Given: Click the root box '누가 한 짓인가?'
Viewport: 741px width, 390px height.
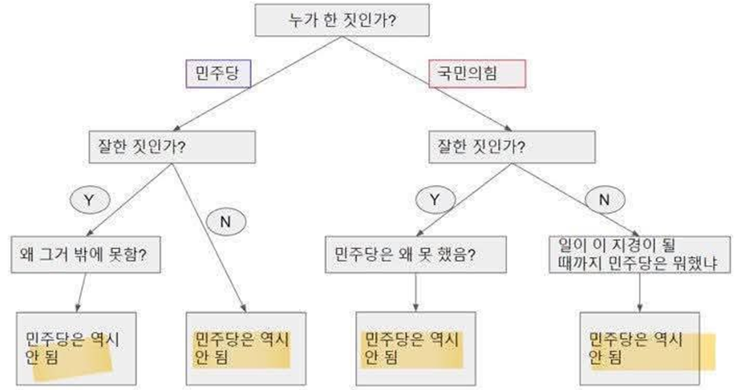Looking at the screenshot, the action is coord(342,20).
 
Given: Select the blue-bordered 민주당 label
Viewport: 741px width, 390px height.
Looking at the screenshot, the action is coord(218,74).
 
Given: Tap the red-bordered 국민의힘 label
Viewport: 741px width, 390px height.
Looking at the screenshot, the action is coord(477,74).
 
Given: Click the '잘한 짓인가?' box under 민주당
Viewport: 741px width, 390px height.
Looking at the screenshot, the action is coord(172,147).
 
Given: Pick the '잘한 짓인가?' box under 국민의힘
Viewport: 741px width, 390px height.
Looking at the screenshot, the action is coord(512,147).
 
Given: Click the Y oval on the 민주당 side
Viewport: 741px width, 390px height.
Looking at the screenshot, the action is coord(90,199).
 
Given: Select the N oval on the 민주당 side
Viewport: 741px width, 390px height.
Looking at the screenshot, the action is coord(226,222).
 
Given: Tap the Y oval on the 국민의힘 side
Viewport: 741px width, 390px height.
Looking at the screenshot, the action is coord(435,199).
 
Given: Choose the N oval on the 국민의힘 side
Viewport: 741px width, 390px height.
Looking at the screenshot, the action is coord(605,199).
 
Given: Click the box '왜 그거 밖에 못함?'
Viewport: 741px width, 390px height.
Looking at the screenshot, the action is coord(86,255).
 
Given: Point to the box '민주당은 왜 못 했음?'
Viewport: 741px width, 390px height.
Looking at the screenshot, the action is coord(415,255).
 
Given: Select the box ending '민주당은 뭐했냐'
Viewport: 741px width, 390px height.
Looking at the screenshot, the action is coord(639,255).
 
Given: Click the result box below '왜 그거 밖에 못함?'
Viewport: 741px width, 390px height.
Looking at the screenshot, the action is coord(76,348).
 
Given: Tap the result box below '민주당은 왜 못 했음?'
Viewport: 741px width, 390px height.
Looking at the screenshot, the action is coord(416,348).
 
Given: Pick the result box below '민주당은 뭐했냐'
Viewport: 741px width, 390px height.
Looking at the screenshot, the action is coord(640,348).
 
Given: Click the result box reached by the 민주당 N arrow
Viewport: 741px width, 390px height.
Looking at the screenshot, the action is coord(245,348).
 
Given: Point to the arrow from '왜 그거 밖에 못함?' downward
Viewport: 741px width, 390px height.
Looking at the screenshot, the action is coord(81,292).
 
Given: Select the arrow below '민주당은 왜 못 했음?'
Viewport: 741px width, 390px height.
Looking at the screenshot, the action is coord(416,292).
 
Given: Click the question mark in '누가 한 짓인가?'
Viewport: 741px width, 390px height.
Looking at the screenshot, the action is coord(392,20).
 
